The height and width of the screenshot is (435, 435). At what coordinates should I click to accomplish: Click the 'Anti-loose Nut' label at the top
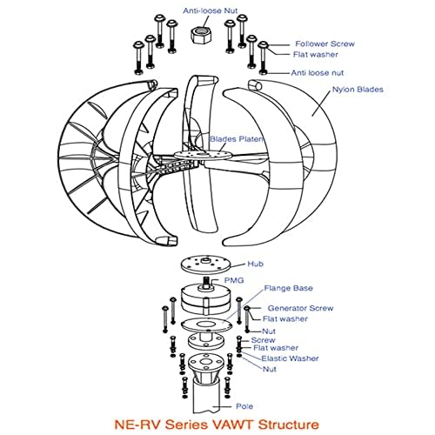(x=210, y=11)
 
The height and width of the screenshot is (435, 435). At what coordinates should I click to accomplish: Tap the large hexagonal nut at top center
(x=201, y=35)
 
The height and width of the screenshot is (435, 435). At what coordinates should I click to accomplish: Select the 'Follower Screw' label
(x=325, y=44)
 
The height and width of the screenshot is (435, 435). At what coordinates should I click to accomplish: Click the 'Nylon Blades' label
(x=358, y=90)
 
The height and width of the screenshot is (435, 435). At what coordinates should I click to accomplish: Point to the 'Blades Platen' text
(x=237, y=139)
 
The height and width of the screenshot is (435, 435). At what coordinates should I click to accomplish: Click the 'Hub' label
(x=255, y=264)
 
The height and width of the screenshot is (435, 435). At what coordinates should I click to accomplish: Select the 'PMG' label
(x=234, y=280)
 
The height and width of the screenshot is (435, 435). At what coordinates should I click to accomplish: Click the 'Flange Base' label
(x=289, y=288)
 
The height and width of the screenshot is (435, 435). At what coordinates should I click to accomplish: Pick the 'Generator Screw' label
(x=300, y=308)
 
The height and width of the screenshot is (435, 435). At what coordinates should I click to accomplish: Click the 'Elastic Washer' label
(x=290, y=358)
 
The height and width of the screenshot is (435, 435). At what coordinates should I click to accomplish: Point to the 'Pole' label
(x=244, y=406)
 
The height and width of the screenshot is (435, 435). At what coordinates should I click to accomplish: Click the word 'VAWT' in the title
(x=233, y=425)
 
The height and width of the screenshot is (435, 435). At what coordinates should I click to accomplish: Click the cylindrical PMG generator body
(x=206, y=300)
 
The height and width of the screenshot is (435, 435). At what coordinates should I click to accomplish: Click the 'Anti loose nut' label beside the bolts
(x=318, y=73)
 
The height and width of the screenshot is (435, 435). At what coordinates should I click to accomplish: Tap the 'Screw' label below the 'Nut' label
(x=263, y=340)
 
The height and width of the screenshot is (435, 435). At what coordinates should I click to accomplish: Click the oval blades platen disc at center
(x=203, y=155)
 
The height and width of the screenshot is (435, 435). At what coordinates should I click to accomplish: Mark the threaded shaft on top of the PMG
(x=206, y=283)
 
